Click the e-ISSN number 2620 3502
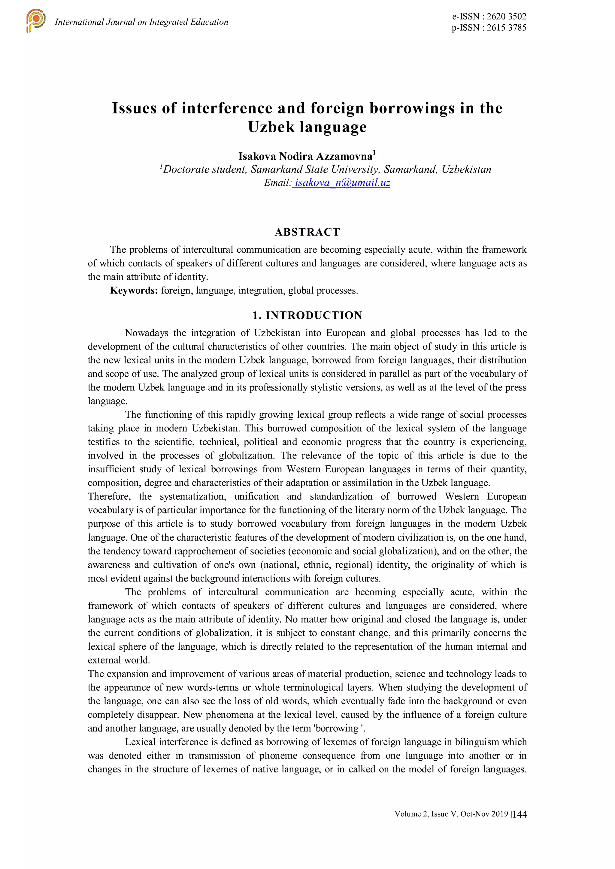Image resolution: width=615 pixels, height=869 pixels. (506, 16)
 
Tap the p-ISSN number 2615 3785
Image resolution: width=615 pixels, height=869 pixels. (506, 28)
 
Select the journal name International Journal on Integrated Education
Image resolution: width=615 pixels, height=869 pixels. (141, 22)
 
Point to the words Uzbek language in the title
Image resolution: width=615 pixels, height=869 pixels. (307, 127)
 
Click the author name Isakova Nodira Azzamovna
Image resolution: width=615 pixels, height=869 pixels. (305, 156)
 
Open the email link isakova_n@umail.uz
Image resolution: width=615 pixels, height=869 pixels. (342, 183)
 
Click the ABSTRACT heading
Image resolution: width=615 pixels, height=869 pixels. (307, 232)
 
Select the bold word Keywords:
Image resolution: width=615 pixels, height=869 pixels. (134, 291)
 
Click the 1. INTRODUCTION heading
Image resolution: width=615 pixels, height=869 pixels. (307, 315)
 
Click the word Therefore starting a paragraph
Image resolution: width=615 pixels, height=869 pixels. (109, 497)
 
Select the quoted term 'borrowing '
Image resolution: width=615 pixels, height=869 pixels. (340, 728)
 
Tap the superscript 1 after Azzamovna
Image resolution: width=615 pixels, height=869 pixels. (374, 152)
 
